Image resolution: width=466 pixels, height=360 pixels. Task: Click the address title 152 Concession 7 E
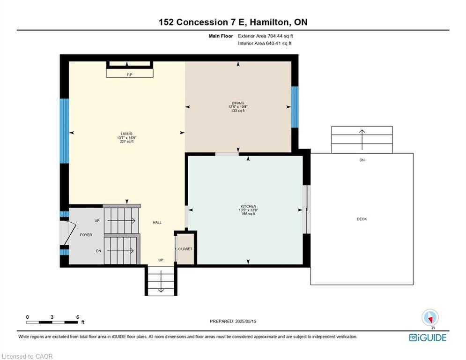[x=233, y=22]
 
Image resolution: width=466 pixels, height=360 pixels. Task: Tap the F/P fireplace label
[x=129, y=75]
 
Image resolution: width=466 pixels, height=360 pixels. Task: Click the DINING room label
[x=238, y=103]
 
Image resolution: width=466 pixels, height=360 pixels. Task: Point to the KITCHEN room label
[x=247, y=206]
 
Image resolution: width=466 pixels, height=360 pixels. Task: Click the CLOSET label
[x=185, y=249]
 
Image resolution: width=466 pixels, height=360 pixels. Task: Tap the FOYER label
[x=86, y=235]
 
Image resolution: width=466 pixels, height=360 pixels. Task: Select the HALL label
[x=157, y=223]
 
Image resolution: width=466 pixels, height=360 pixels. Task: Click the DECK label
[x=362, y=219]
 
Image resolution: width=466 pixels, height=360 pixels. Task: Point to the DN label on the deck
[x=362, y=160]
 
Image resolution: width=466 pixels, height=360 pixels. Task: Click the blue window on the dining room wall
[x=295, y=107]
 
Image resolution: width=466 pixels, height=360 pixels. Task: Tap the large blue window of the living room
[x=64, y=130]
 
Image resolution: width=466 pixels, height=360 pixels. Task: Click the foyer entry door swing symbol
[x=68, y=233]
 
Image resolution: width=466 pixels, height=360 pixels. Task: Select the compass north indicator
[x=429, y=318]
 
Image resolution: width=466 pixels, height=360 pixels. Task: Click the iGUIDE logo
[x=428, y=337]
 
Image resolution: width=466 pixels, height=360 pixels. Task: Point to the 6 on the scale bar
[x=77, y=317]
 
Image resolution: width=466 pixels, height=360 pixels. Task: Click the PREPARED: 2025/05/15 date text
[x=233, y=321]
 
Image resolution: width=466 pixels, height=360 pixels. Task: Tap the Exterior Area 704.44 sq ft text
[x=266, y=36]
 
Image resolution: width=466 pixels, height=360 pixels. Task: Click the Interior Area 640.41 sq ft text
[x=265, y=43]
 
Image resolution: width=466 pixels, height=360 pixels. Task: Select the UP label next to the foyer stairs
[x=97, y=220]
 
